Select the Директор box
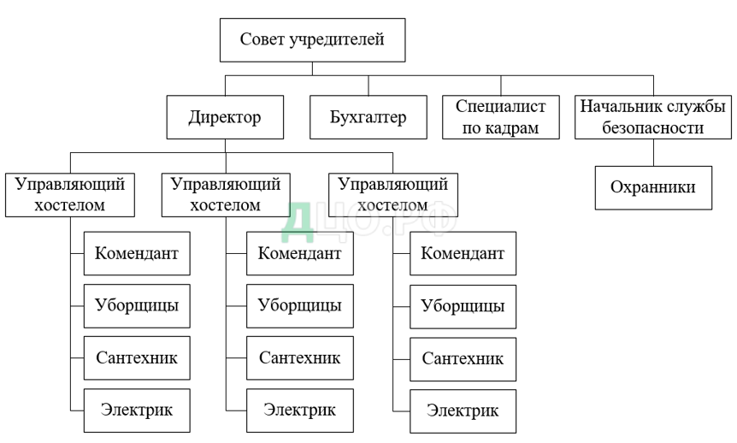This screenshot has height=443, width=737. [225, 117]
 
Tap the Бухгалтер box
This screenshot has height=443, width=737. [368, 117]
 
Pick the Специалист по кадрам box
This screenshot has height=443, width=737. [500, 117]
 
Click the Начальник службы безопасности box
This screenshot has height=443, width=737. [653, 117]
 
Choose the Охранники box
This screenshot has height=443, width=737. [653, 187]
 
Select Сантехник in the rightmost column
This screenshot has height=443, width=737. [462, 357]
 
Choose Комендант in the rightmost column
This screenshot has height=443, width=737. [462, 253]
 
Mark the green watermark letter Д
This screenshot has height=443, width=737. [299, 219]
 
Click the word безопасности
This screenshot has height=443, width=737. [653, 129]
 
